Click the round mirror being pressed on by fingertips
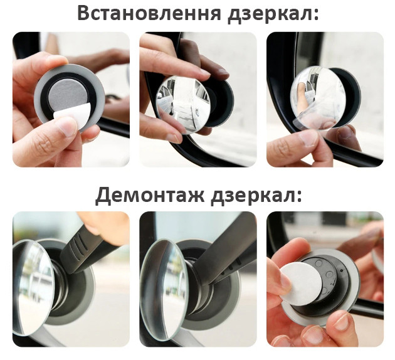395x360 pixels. coord(184,103)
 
